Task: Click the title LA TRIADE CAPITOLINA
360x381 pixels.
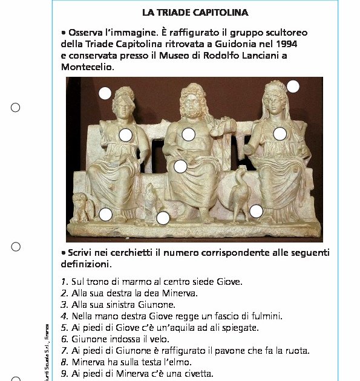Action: pos(195,12)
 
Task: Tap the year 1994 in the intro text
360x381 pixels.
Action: pos(286,44)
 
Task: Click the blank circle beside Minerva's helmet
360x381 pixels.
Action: pos(105,93)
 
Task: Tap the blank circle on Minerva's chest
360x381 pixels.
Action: pos(126,135)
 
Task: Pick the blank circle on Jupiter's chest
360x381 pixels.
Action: pos(188,134)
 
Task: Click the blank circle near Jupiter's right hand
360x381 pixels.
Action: pos(180,166)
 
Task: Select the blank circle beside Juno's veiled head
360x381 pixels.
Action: pos(293,86)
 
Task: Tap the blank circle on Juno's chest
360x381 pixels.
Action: pos(280,134)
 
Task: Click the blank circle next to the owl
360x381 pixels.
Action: pos(105,214)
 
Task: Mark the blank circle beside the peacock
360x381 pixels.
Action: pos(256,211)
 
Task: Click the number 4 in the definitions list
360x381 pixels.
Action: pos(64,316)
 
